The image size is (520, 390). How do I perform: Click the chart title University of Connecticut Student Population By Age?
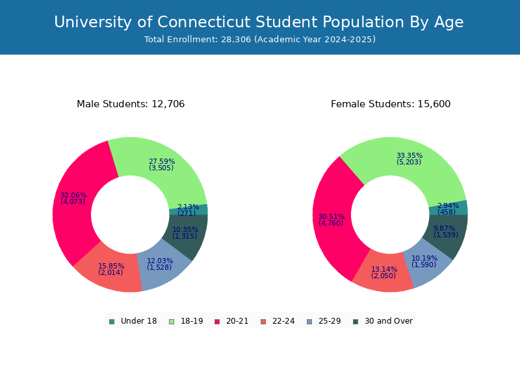point(259,22)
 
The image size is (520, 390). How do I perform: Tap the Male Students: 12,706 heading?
point(131,104)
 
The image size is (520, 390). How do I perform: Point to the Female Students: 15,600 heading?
point(391,104)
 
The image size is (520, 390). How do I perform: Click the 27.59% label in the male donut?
point(162,161)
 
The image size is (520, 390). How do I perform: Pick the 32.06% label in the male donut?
point(73,195)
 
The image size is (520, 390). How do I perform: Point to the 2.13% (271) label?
point(188,210)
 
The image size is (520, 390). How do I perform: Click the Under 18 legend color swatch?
point(112,321)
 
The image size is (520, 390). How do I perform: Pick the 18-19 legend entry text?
point(192,321)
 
